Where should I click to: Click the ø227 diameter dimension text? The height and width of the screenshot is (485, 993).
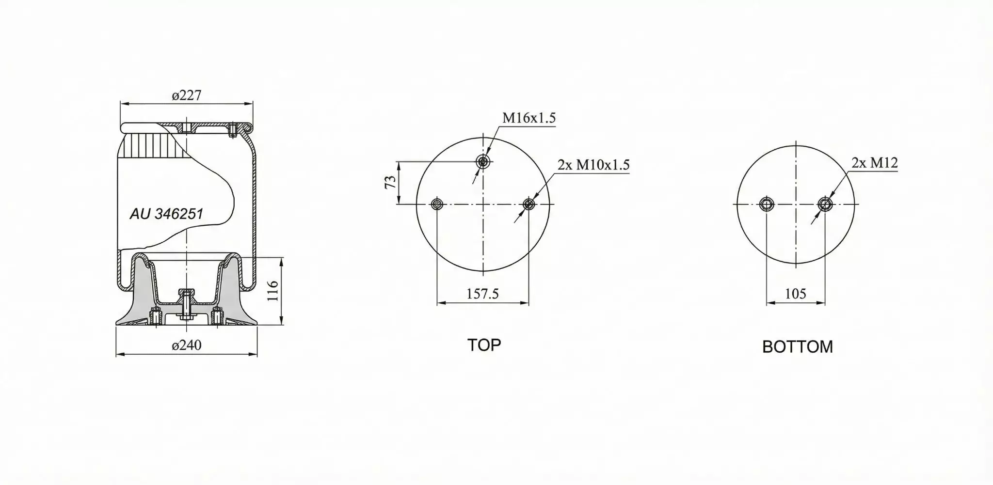click(186, 95)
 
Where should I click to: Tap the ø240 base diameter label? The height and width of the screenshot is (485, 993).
click(187, 345)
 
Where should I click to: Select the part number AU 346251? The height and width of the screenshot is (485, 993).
click(166, 214)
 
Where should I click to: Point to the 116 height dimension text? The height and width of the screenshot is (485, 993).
click(272, 291)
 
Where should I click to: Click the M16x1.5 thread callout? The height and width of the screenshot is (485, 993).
click(529, 118)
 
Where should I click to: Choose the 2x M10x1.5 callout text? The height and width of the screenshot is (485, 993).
click(593, 165)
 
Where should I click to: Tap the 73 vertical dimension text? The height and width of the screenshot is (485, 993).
click(390, 182)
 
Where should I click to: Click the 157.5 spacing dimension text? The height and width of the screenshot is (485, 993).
click(482, 294)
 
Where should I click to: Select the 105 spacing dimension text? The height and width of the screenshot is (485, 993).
click(795, 294)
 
